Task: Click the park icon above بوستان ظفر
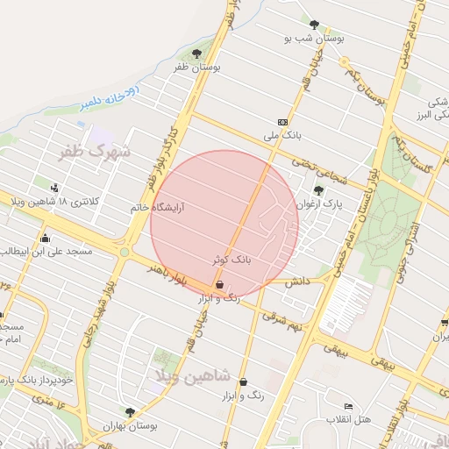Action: pyautogui.click(x=196, y=53)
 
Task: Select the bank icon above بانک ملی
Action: pyautogui.click(x=282, y=122)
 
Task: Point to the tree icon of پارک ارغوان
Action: pyautogui.click(x=317, y=190)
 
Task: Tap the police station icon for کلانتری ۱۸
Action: pyautogui.click(x=56, y=187)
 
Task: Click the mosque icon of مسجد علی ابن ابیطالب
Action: pyautogui.click(x=45, y=238)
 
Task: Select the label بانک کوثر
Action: pyautogui.click(x=232, y=260)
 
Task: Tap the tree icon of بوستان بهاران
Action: pyautogui.click(x=130, y=411)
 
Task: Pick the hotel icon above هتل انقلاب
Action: pyautogui.click(x=349, y=407)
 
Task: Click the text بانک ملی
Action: pyautogui.click(x=282, y=137)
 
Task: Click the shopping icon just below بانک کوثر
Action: pyautogui.click(x=219, y=284)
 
